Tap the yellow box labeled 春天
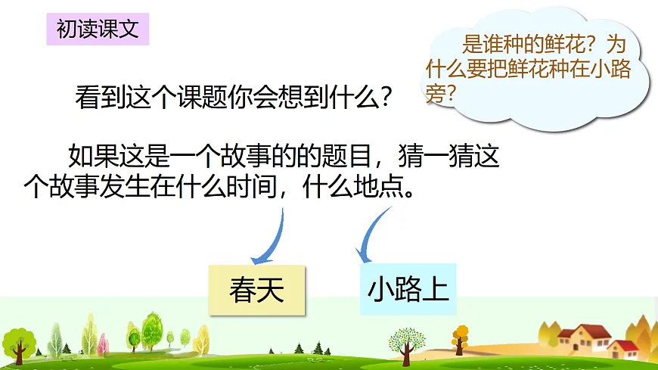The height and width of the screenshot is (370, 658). click(x=256, y=290)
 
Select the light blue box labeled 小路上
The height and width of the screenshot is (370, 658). click(x=408, y=290)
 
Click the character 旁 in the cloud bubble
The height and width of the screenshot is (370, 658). click(x=436, y=95)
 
